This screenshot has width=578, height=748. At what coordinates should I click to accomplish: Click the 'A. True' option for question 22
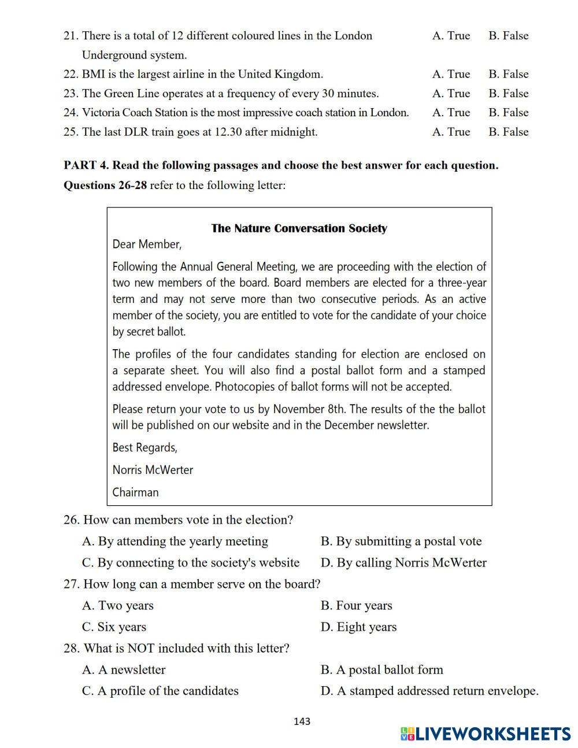(451, 74)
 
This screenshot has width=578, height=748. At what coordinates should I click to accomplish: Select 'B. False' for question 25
(508, 132)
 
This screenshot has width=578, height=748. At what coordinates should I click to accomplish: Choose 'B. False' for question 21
(508, 36)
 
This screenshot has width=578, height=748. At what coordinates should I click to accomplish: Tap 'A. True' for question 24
(451, 113)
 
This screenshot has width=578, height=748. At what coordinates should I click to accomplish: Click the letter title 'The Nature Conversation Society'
(299, 228)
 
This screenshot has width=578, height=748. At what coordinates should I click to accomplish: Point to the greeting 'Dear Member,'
(147, 245)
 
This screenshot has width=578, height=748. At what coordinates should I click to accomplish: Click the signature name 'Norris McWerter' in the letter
(153, 470)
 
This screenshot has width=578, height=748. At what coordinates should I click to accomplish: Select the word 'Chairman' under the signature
(135, 493)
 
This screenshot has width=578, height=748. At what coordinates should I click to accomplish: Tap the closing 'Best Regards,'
(144, 447)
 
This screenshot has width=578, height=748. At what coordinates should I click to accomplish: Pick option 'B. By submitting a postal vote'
(401, 542)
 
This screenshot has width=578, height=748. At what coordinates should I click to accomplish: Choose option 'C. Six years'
(114, 627)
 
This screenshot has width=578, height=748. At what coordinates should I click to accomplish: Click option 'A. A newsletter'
(124, 670)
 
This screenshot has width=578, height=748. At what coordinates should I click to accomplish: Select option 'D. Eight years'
(358, 627)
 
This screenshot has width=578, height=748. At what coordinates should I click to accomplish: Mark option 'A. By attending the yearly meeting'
(175, 542)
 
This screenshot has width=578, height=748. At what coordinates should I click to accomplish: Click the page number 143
(302, 721)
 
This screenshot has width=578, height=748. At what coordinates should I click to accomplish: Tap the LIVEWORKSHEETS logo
(486, 734)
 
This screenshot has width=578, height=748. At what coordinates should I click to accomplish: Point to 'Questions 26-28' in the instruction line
(105, 186)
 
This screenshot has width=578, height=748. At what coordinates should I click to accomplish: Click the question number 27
(71, 584)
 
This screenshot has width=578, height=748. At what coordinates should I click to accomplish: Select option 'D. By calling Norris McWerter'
(403, 563)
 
